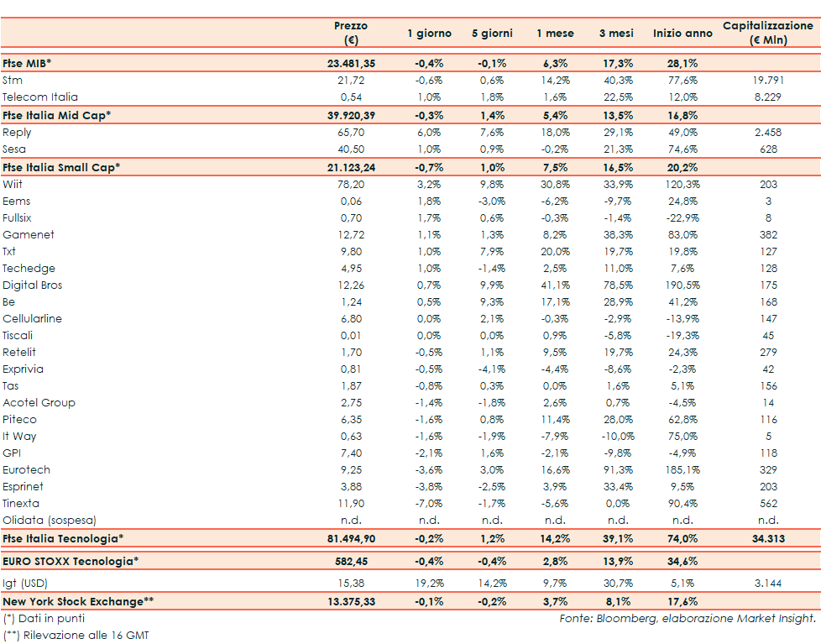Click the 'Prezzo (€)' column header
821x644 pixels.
(x=351, y=33)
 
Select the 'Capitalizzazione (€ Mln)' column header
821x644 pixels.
(x=768, y=33)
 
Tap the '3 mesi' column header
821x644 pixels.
(x=615, y=34)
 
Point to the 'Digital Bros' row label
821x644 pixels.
(x=33, y=285)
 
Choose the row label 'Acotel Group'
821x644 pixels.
(x=39, y=403)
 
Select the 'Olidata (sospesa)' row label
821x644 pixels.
(x=50, y=521)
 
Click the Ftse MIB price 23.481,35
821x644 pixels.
(x=351, y=63)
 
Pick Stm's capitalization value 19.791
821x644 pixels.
(x=768, y=81)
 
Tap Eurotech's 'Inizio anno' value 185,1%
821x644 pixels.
(x=681, y=470)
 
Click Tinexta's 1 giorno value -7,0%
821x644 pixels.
(x=429, y=504)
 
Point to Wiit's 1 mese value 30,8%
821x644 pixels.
(x=555, y=185)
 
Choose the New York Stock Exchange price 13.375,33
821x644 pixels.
(x=351, y=601)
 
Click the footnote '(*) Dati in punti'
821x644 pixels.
(x=44, y=619)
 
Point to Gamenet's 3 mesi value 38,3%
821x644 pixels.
(x=617, y=235)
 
